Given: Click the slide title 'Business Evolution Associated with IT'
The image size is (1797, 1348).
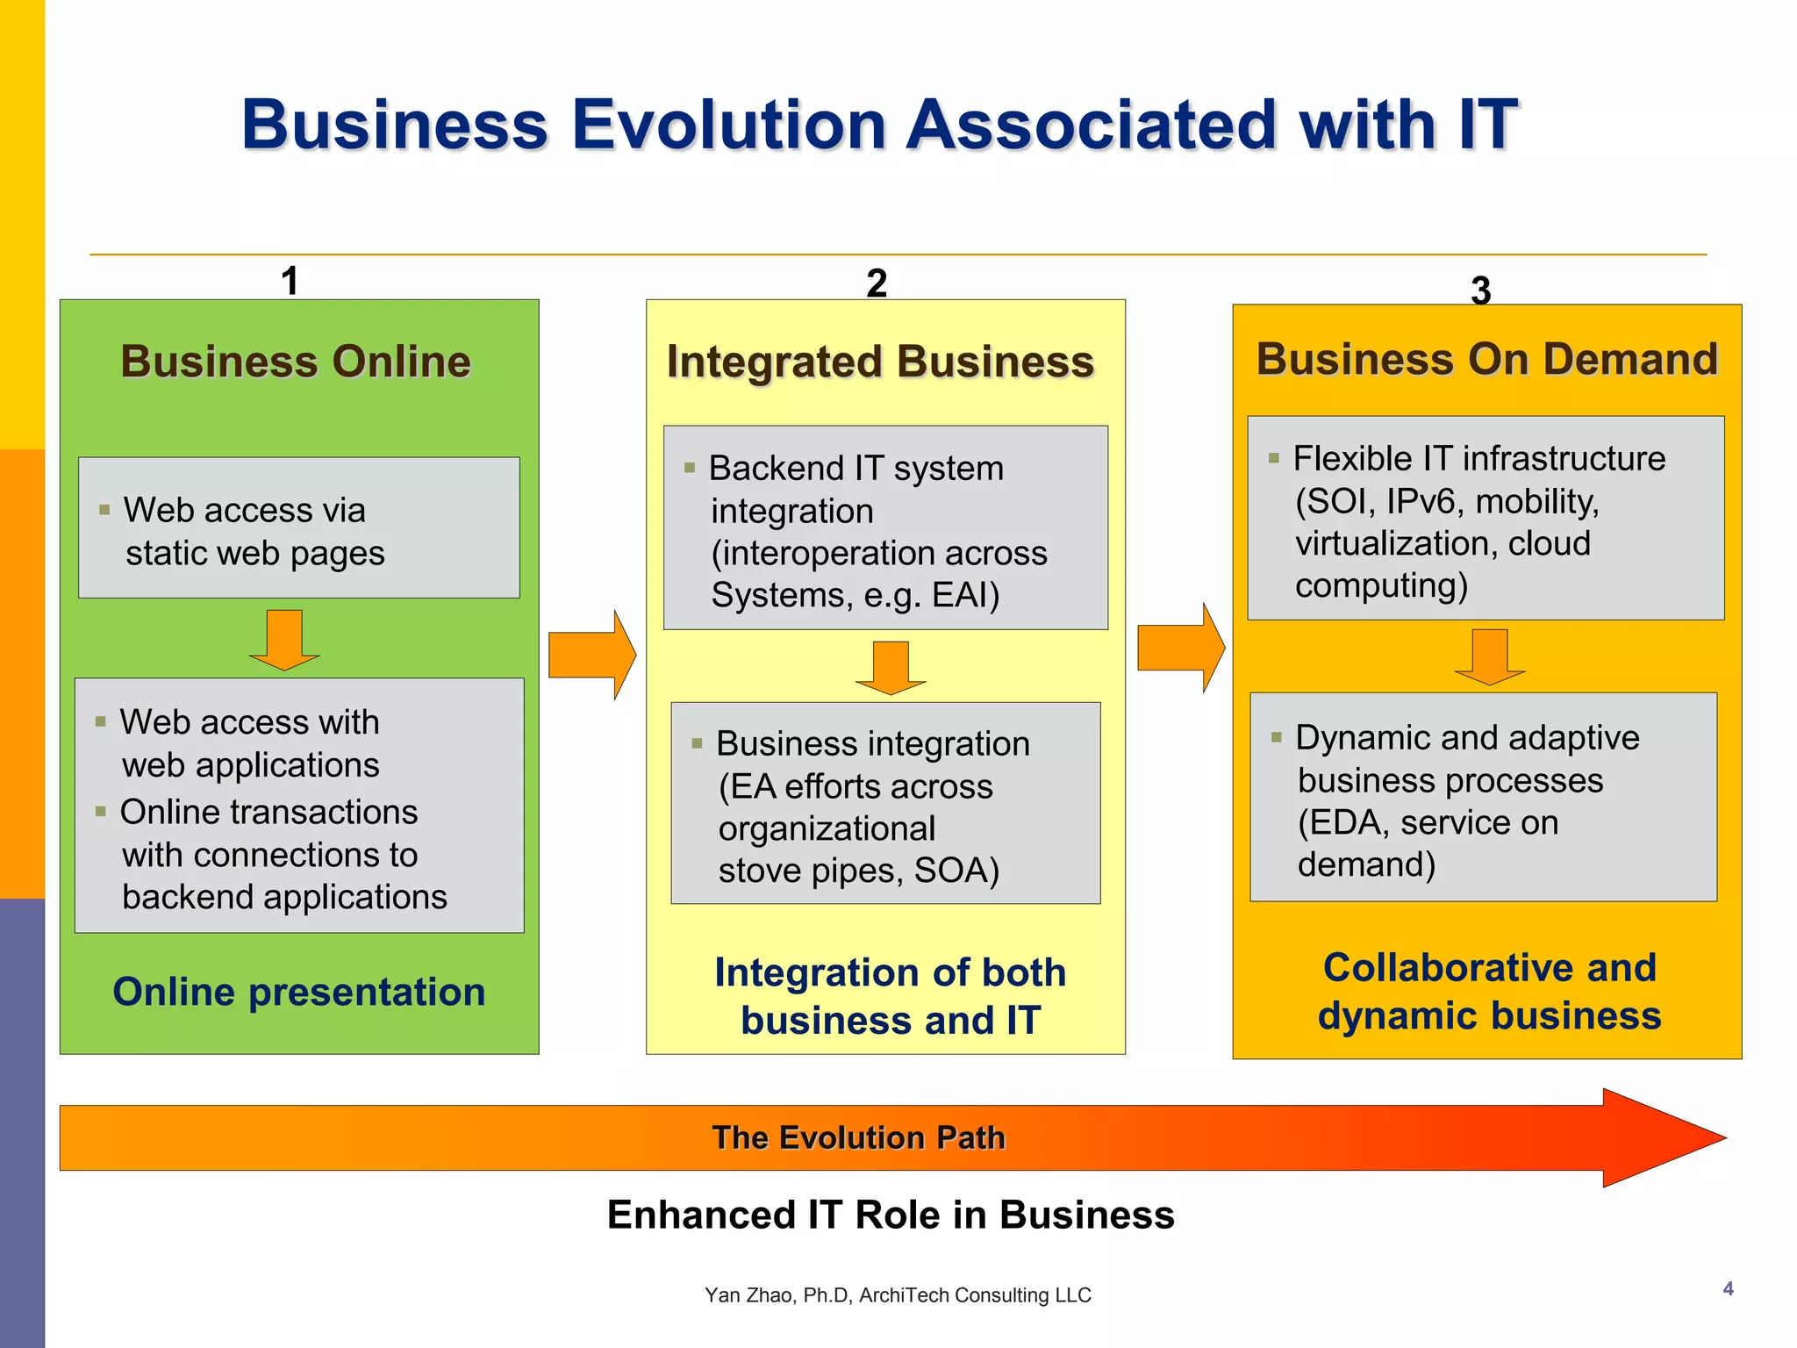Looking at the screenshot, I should click(x=879, y=125).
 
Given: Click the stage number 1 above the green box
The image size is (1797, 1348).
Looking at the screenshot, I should click(x=290, y=281).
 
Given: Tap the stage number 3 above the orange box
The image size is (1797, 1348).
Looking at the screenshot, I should click(x=1480, y=290).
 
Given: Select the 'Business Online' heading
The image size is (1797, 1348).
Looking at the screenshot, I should click(x=296, y=362).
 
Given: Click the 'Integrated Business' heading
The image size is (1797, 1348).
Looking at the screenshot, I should click(x=880, y=362).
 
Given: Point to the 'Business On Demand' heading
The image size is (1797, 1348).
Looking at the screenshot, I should click(x=1486, y=359).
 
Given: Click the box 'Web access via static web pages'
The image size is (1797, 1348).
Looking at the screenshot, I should click(x=298, y=527).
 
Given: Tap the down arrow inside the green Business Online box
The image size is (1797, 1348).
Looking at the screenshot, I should click(x=284, y=640).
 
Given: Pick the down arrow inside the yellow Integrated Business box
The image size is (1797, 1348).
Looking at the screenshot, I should click(x=891, y=668).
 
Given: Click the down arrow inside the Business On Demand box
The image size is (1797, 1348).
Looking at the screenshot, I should click(x=1489, y=657).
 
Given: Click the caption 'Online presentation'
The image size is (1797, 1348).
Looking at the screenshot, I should click(x=299, y=992).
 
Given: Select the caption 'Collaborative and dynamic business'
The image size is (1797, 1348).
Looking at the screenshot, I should click(x=1489, y=992).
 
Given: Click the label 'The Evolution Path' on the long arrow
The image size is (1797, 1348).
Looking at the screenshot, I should click(x=858, y=1137).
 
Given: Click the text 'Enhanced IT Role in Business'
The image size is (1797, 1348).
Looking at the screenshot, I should click(x=891, y=1215).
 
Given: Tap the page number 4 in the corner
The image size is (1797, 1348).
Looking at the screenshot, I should click(x=1728, y=1288).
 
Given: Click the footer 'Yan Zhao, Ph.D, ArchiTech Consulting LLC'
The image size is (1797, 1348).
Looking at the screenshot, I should click(x=898, y=1295).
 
